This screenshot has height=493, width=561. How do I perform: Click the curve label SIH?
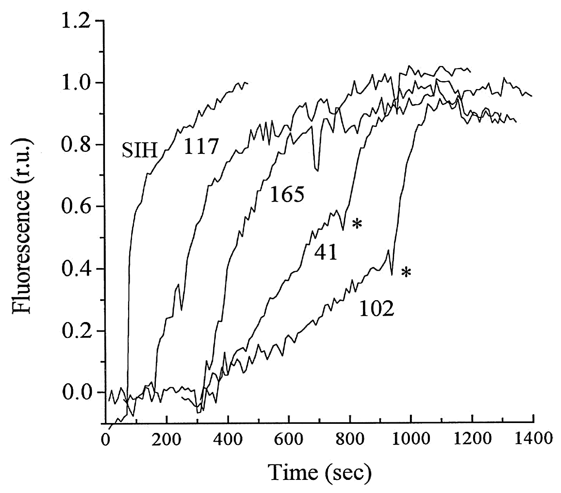click(x=139, y=151)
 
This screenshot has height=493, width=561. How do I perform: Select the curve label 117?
click(x=201, y=148)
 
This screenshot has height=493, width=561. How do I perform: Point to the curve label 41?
click(x=326, y=253)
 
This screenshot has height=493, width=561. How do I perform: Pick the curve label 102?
click(x=377, y=309)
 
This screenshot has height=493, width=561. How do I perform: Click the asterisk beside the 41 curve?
click(x=357, y=225)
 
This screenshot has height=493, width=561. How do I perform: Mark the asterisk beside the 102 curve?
click(x=406, y=273)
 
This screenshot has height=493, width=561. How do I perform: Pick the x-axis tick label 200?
click(x=167, y=441)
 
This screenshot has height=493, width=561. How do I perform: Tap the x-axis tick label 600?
click(x=289, y=441)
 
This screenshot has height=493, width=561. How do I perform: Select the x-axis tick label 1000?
click(x=410, y=441)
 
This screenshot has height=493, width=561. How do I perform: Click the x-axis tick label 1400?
click(x=532, y=441)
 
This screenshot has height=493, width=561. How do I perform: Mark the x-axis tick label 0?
click(x=106, y=441)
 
